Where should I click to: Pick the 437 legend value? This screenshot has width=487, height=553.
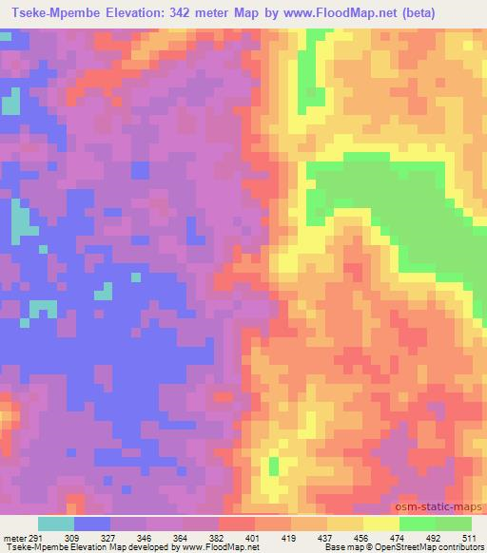(x=324, y=536)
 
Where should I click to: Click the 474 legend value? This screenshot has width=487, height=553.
(x=396, y=536)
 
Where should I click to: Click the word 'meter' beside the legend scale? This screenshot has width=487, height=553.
(x=12, y=536)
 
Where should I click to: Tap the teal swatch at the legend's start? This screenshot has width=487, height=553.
(x=55, y=524)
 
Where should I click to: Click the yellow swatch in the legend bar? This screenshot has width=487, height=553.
(x=380, y=524)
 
